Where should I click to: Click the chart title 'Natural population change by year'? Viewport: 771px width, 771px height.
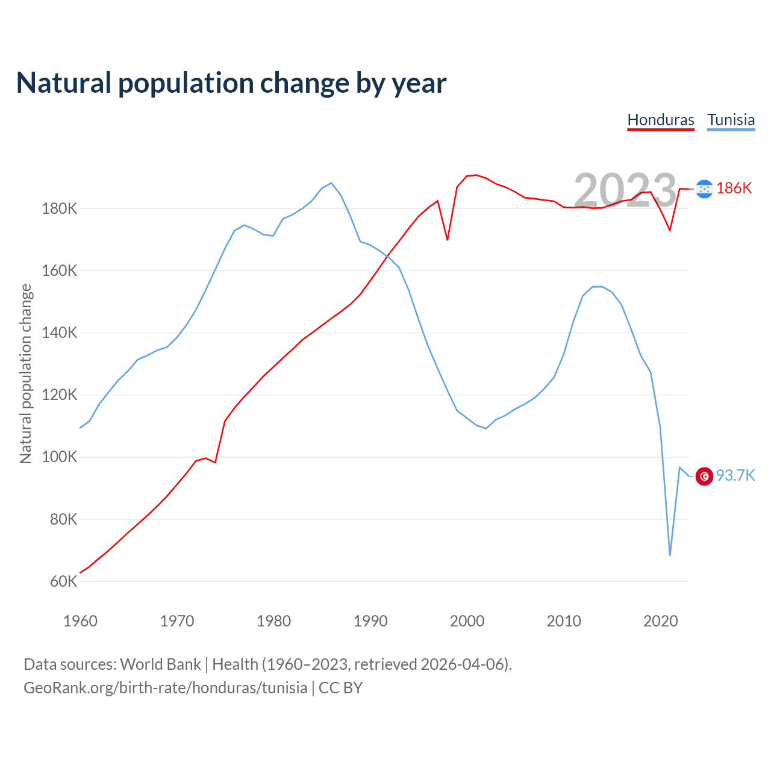pos(231,83)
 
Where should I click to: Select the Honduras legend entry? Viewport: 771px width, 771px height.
pos(661,120)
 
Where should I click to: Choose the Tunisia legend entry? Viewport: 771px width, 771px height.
pos(731,120)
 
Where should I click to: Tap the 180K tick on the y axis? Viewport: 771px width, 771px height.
pos(60,209)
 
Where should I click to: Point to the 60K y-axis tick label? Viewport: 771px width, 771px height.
pos(63,581)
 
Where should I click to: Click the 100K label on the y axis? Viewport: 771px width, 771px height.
pos(60,457)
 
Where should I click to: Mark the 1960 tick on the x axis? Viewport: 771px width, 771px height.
pos(80,621)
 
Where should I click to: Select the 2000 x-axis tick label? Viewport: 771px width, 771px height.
pos(467,621)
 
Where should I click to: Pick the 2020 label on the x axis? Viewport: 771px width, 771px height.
pos(661,621)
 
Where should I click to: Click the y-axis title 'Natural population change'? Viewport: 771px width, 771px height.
pos(26,373)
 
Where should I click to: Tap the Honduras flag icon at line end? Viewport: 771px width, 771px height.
pos(704,189)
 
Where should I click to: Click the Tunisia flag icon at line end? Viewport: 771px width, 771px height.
pos(704,476)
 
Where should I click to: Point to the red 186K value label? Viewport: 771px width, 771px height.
pos(734,189)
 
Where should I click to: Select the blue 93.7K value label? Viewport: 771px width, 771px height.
pos(735,476)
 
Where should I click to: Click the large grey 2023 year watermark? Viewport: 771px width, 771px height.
pos(625,190)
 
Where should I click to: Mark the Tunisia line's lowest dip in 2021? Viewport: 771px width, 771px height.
pos(670,555)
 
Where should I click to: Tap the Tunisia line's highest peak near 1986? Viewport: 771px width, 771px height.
pos(331,183)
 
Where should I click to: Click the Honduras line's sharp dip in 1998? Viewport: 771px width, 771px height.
pos(448,240)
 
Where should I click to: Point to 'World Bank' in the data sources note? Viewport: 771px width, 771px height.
pos(160,664)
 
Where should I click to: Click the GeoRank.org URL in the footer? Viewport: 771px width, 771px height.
pos(166,688)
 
